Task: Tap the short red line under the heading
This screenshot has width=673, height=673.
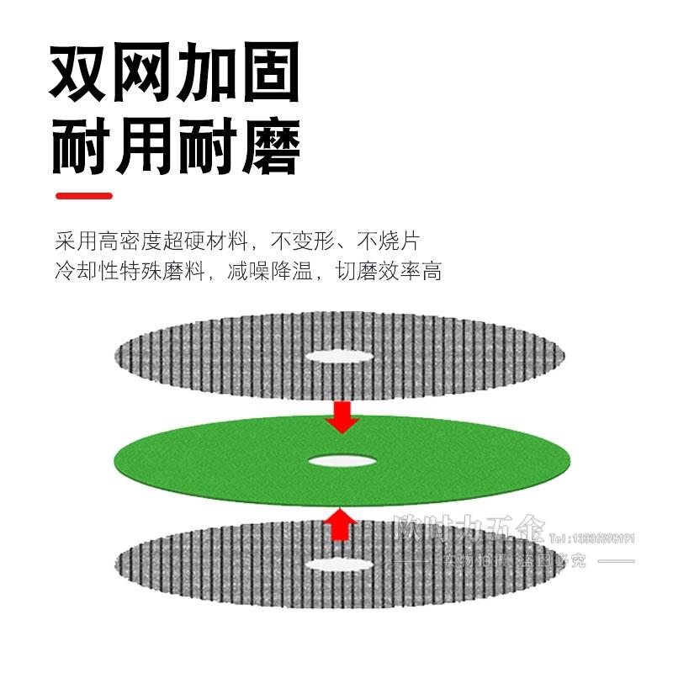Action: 83,196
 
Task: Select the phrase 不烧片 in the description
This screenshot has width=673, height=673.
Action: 388,242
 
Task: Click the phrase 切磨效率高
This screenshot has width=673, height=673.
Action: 389,272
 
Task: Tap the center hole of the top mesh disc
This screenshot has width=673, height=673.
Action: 338,356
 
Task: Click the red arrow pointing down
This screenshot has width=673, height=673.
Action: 342,416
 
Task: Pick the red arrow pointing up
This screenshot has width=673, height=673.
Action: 339,523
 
